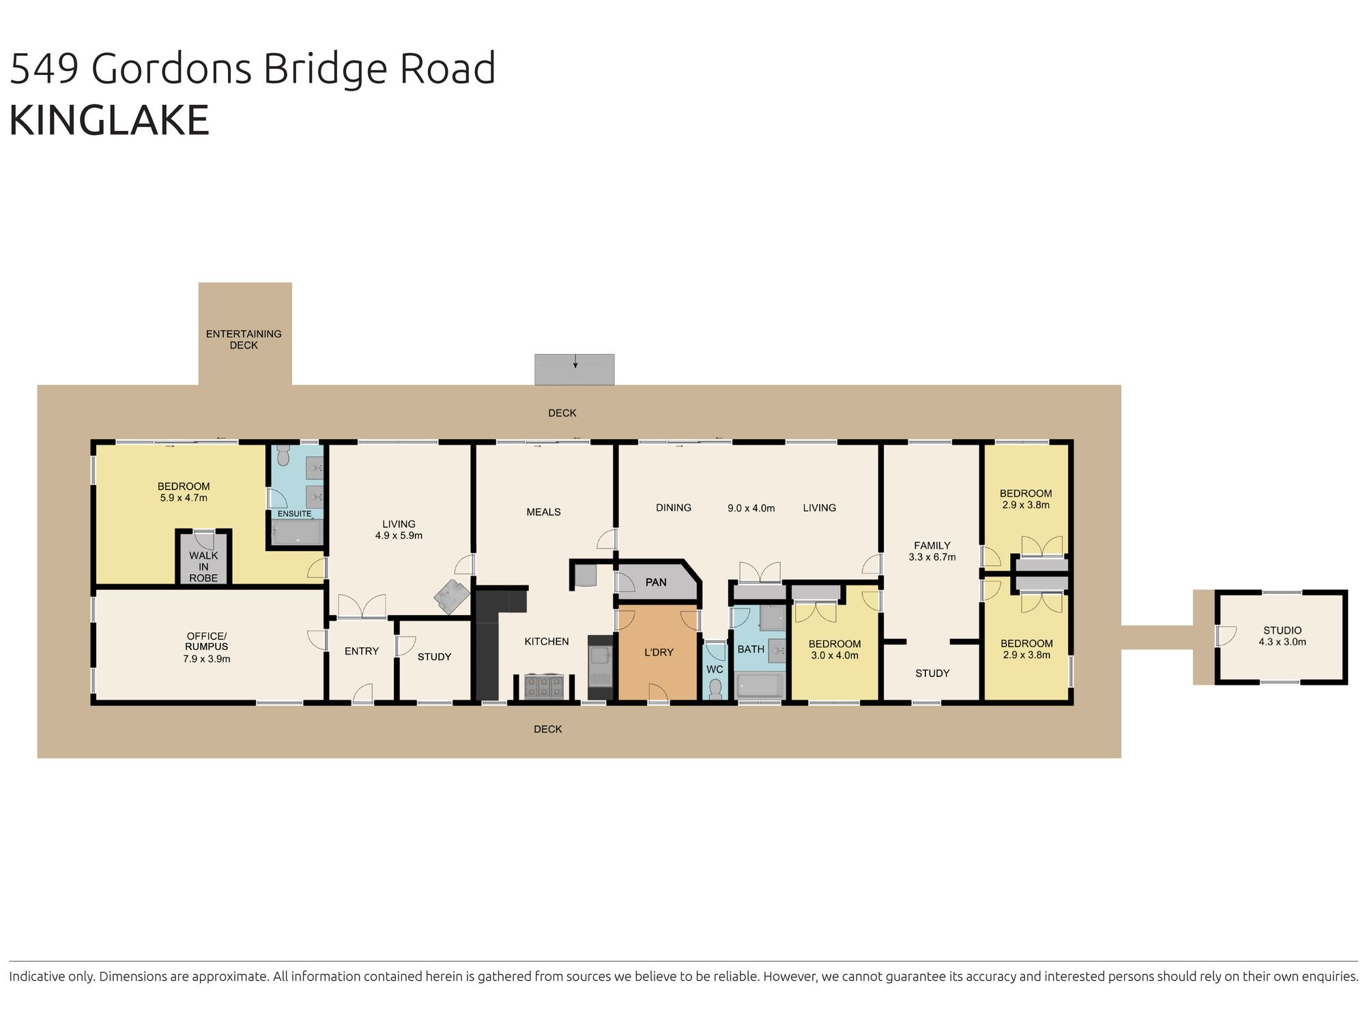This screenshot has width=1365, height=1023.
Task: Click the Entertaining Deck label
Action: (x=244, y=339)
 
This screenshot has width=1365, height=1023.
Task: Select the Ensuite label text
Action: (x=294, y=514)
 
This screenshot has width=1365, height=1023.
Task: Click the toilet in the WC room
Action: (x=715, y=689)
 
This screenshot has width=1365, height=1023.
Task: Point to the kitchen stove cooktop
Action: (x=544, y=685)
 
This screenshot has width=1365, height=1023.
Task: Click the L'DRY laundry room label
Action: (x=659, y=652)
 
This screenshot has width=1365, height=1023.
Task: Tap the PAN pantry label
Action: (x=656, y=582)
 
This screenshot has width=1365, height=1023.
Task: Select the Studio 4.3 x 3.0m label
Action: (x=1282, y=636)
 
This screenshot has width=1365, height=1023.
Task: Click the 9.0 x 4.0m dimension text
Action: (x=751, y=508)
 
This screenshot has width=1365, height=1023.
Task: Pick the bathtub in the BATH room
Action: (x=760, y=685)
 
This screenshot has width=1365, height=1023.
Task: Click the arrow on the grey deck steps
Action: (x=575, y=361)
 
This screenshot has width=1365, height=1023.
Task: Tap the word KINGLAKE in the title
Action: (x=109, y=121)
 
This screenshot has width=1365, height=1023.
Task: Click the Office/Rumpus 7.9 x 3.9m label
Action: (x=206, y=647)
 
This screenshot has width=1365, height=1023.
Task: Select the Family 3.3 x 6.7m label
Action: (x=932, y=551)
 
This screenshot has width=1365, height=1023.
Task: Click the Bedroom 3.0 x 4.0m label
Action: (x=834, y=649)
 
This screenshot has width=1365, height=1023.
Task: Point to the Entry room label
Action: (x=361, y=651)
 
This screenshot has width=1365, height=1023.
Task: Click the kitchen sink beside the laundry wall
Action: (x=601, y=656)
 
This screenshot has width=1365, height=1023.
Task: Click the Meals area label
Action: (x=543, y=512)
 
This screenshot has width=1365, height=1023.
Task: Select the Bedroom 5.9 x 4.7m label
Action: (x=184, y=492)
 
